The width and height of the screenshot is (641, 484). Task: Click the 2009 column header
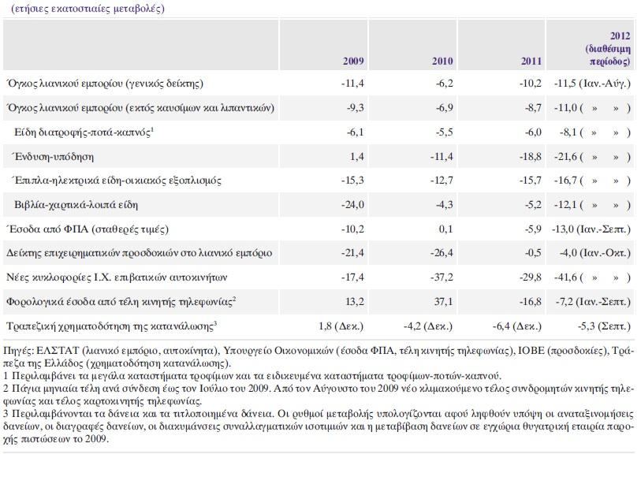point(353,61)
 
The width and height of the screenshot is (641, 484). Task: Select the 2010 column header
point(442,61)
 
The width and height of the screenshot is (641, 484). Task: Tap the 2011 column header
point(531,61)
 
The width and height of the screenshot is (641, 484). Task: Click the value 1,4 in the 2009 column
point(357,157)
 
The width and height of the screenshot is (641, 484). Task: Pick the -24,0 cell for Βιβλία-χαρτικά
point(352,204)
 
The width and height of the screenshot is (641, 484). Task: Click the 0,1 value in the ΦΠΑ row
point(446,229)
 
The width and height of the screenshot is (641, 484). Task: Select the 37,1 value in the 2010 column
point(444,301)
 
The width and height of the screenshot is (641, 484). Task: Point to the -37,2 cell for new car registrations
point(442,277)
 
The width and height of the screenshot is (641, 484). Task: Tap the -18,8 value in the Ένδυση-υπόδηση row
point(530,157)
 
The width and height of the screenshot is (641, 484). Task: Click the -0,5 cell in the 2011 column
point(533,252)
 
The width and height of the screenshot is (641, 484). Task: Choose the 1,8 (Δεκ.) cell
point(341,326)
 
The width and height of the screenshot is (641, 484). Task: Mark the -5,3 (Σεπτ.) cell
point(604,326)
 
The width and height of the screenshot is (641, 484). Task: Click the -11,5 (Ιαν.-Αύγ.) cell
point(592,84)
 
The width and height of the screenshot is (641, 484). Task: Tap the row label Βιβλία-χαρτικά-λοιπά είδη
point(76,204)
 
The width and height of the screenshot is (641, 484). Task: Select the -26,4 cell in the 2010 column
point(442,252)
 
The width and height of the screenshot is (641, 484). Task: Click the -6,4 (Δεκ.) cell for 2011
point(517,326)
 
